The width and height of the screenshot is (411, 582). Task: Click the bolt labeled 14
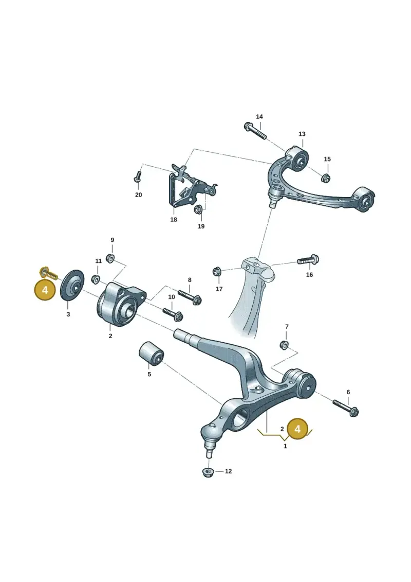tap(256, 131)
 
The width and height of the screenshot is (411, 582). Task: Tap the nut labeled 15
tap(326, 178)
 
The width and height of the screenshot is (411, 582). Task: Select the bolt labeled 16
tap(308, 260)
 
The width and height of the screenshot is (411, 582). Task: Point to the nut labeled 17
tap(217, 272)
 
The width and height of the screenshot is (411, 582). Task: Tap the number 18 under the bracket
tap(174, 220)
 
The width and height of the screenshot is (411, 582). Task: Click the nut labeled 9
tap(110, 258)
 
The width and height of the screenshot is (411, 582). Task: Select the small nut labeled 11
tap(95, 279)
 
